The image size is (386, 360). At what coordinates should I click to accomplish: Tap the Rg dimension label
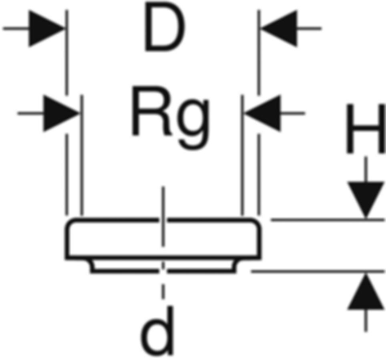[170, 116]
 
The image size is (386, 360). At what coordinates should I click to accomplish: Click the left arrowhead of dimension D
[46, 29]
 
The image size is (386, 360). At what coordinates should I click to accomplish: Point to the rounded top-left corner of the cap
[70, 224]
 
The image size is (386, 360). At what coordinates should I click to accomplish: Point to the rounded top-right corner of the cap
[256, 224]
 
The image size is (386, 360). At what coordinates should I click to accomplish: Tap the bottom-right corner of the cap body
[259, 258]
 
